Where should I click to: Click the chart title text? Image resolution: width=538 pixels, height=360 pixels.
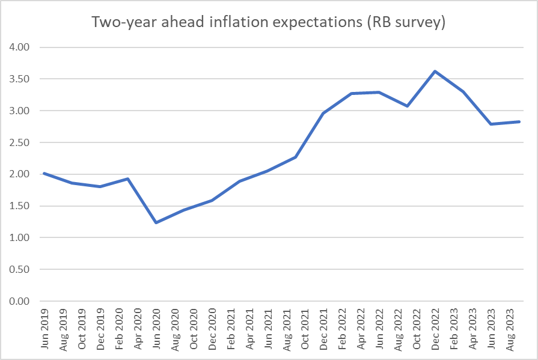[x=268, y=22]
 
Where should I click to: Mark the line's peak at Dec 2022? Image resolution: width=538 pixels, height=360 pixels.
[x=435, y=71]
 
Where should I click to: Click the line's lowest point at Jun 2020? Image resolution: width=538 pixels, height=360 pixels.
[x=156, y=222]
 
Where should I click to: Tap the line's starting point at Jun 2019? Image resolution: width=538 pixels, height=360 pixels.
[x=44, y=173]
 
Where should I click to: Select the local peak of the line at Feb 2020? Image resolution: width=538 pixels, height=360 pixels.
[x=128, y=178]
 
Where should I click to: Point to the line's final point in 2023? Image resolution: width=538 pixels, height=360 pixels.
[x=519, y=122]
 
